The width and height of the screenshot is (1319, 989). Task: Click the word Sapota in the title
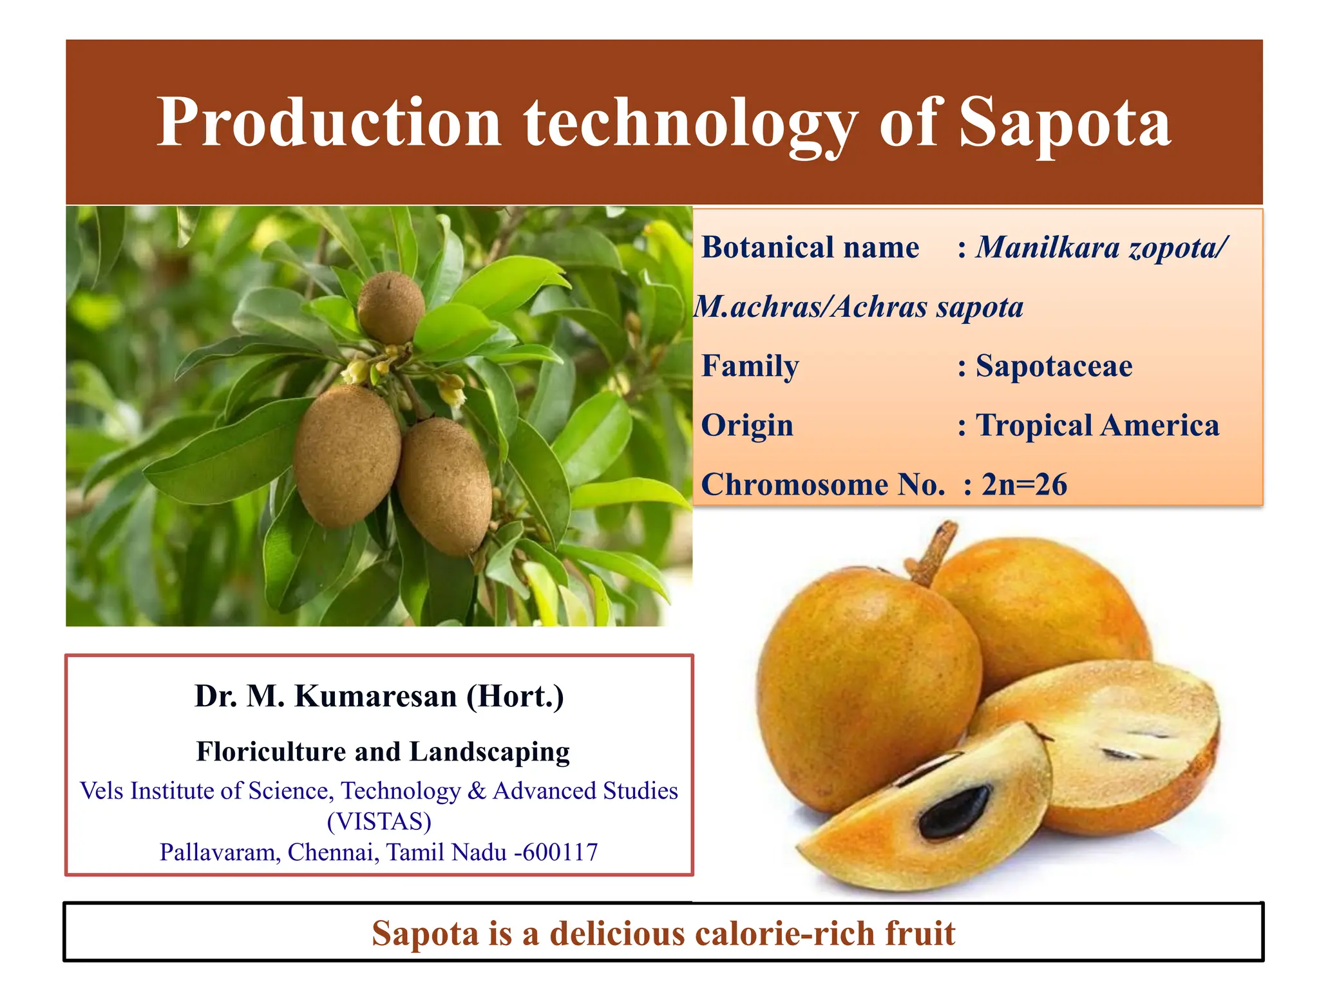pyautogui.click(x=1064, y=122)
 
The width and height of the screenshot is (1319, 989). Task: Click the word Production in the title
pyautogui.click(x=329, y=122)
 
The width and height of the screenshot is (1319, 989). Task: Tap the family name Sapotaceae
pyautogui.click(x=1054, y=366)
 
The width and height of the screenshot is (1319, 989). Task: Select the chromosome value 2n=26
pyautogui.click(x=1024, y=485)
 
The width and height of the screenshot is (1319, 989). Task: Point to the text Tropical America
pyautogui.click(x=1097, y=426)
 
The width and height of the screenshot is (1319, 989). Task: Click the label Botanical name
pyautogui.click(x=810, y=248)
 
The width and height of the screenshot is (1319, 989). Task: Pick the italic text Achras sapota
pyautogui.click(x=927, y=307)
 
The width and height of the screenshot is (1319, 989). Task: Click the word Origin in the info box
pyautogui.click(x=747, y=426)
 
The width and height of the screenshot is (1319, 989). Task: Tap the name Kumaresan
pyautogui.click(x=375, y=696)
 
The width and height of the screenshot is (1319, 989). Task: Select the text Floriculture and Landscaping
pyautogui.click(x=383, y=751)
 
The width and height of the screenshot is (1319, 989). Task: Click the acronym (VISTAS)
pyautogui.click(x=379, y=822)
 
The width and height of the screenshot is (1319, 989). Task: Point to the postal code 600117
pyautogui.click(x=560, y=852)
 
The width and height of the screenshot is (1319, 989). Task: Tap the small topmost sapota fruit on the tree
pyautogui.click(x=391, y=308)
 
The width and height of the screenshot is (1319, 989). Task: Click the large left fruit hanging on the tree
pyautogui.click(x=346, y=455)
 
